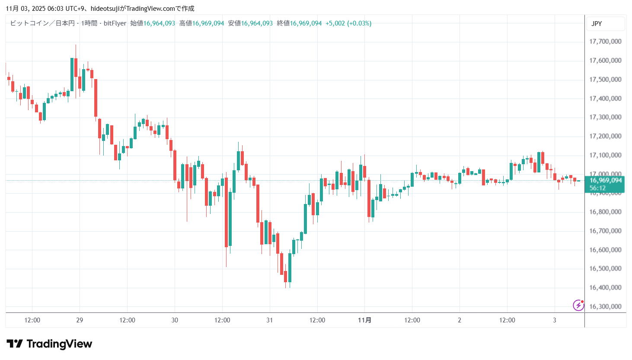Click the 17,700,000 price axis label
pyautogui.click(x=605, y=41)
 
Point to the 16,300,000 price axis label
pyautogui.click(x=605, y=306)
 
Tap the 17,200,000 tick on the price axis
pyautogui.click(x=605, y=136)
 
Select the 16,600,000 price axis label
pyautogui.click(x=605, y=250)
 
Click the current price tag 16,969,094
pyautogui.click(x=605, y=181)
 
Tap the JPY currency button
pyautogui.click(x=597, y=24)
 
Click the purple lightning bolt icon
pyautogui.click(x=578, y=306)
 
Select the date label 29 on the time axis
pyautogui.click(x=80, y=320)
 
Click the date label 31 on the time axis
pyautogui.click(x=269, y=320)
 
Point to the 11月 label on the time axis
pyautogui.click(x=364, y=320)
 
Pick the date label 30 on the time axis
pyautogui.click(x=175, y=320)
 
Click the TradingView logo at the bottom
pyautogui.click(x=49, y=344)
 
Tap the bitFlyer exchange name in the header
pyautogui.click(x=115, y=23)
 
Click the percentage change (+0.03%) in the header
pyautogui.click(x=359, y=23)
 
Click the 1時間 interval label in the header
pyautogui.click(x=89, y=23)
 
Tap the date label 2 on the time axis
pyautogui.click(x=460, y=320)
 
